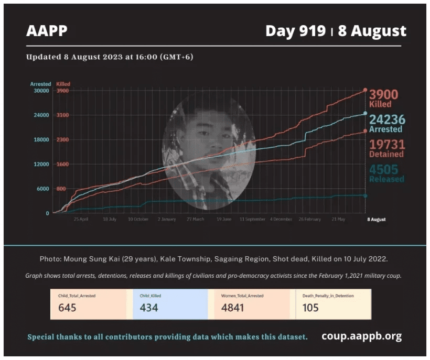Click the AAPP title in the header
[x=47, y=31]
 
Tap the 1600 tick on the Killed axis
[x=62, y=164]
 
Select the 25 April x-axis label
[x=81, y=219]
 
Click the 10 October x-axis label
[x=138, y=219]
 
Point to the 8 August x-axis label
[x=375, y=219]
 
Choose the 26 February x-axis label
[x=310, y=219]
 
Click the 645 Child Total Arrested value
[x=67, y=308]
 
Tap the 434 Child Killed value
[x=149, y=308]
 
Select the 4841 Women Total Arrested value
[x=233, y=308]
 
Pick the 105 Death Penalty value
[x=310, y=308]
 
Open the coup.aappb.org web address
[x=361, y=336]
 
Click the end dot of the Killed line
[x=365, y=90]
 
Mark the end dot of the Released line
[x=365, y=195]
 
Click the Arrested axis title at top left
[x=40, y=84]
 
